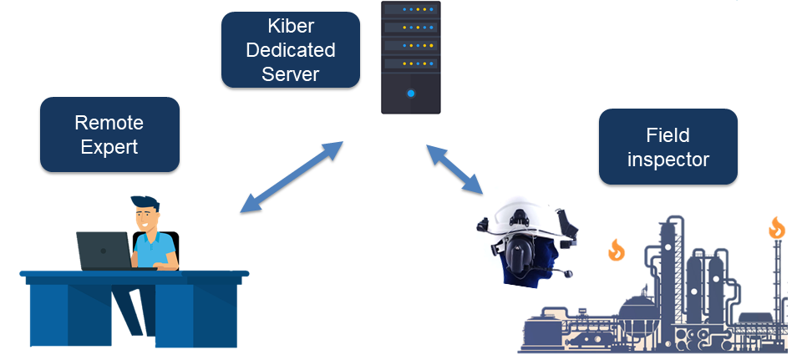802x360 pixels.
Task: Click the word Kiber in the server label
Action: click(x=291, y=27)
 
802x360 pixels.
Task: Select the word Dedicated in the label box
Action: click(x=291, y=50)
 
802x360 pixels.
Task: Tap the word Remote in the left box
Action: click(x=109, y=123)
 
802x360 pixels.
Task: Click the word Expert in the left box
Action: click(x=109, y=147)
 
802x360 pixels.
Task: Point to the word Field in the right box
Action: click(x=667, y=134)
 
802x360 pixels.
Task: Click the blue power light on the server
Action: click(x=410, y=93)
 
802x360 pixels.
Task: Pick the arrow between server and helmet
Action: click(x=455, y=170)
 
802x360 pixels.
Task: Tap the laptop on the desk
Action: click(x=104, y=250)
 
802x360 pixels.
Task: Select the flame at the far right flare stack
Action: click(x=777, y=227)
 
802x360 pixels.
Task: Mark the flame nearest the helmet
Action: click(x=616, y=249)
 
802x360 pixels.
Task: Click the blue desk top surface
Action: click(x=134, y=274)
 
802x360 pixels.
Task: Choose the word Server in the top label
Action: click(x=291, y=74)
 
